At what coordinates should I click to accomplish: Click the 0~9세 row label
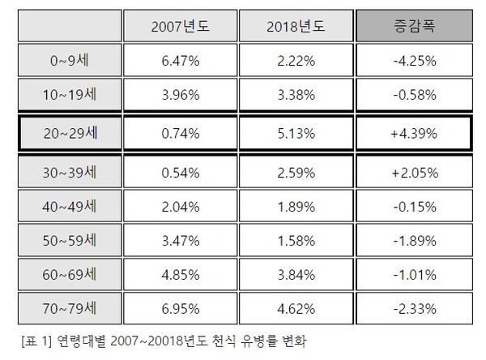69,61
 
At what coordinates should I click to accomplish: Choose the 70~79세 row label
69,308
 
